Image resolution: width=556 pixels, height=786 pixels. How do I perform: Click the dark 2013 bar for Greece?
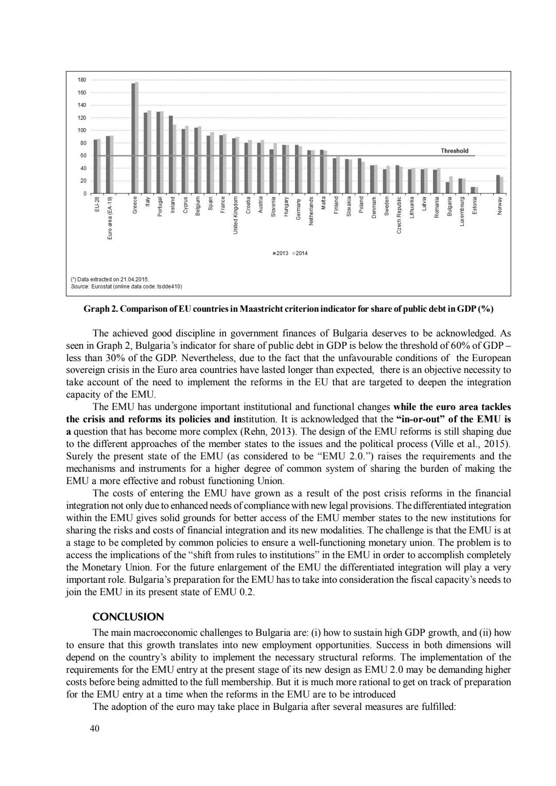(x=133, y=138)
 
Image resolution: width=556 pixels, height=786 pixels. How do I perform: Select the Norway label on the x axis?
(x=499, y=205)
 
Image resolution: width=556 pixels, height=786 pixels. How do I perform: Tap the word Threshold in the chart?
(x=455, y=151)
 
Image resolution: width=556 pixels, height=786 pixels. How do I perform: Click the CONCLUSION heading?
(x=128, y=617)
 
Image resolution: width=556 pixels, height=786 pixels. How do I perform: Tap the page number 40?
(x=94, y=728)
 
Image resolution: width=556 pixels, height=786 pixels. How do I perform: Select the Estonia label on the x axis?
(x=475, y=205)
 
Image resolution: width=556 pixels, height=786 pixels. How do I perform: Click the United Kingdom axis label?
(x=235, y=215)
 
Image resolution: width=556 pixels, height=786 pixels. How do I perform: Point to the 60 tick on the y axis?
(x=83, y=155)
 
